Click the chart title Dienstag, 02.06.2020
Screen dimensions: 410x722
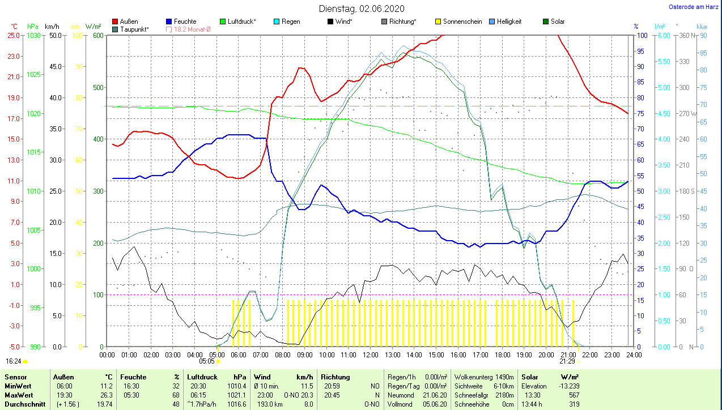(361, 8)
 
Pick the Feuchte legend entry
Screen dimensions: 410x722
(185, 22)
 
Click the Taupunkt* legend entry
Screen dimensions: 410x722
(134, 29)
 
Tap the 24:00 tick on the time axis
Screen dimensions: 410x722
(634, 355)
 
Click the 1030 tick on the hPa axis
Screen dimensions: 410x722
(33, 35)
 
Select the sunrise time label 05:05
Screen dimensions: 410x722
(207, 361)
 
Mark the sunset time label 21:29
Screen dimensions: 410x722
(567, 361)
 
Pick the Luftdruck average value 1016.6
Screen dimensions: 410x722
(236, 404)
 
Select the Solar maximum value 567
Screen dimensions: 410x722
(574, 395)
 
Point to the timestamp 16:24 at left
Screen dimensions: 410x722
(13, 361)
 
